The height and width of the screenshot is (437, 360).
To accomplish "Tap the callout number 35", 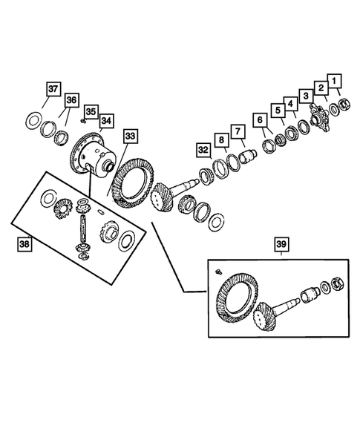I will point(90,111).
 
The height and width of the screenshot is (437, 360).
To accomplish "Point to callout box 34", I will point(106,121).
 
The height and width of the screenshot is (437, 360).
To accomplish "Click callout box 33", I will point(131,137).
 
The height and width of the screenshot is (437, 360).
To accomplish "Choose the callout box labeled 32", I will point(203,151).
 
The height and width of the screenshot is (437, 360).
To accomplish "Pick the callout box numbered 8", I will point(221,140).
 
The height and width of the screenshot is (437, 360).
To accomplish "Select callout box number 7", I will point(239,131).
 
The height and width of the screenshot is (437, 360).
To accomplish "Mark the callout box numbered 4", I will point(289,104).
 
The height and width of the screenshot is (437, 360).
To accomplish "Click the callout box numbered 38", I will point(26,242).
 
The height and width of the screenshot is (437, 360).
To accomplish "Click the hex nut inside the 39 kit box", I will point(335,283).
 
